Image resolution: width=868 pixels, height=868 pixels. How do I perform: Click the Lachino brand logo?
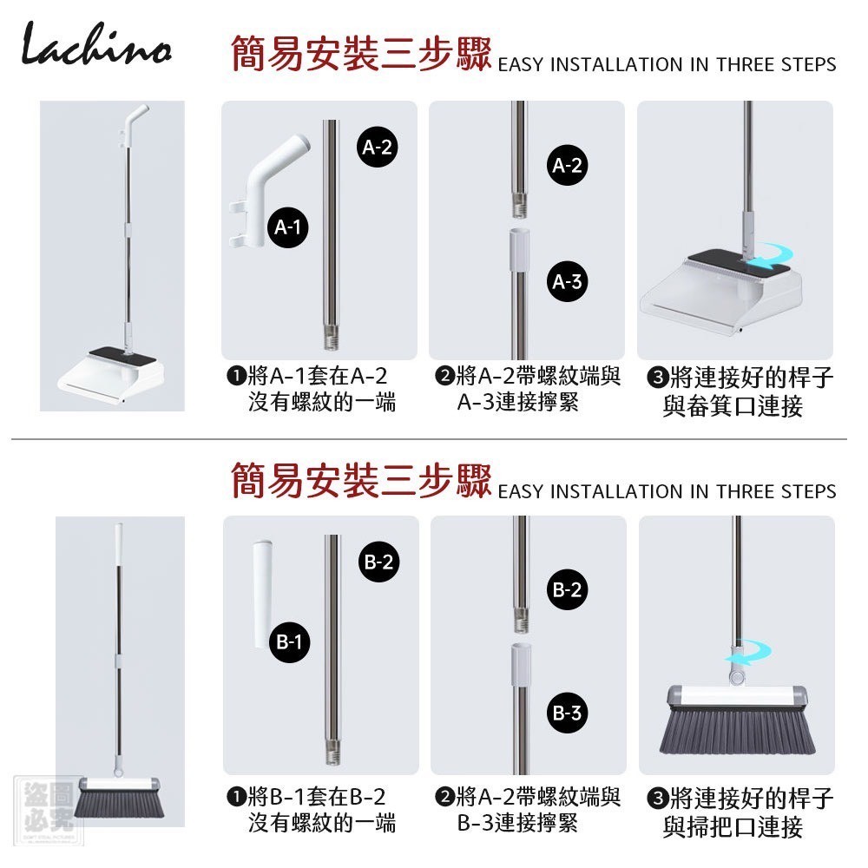coord(95,43)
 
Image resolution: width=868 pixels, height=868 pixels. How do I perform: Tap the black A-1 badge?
coord(288,227)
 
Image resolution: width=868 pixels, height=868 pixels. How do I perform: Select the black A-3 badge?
coord(568,282)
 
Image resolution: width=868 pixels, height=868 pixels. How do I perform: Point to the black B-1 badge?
coord(289,642)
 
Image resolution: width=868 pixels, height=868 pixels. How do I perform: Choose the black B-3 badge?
coord(568,713)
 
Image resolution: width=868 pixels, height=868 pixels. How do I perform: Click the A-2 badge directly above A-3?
coord(568,165)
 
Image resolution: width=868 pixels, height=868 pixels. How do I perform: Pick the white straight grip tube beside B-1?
coord(262,594)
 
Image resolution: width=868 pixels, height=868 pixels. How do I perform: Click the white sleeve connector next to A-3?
coord(519,250)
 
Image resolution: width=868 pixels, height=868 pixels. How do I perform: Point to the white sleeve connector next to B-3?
coord(520,664)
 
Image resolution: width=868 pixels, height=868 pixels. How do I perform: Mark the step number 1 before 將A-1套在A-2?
coord(236,376)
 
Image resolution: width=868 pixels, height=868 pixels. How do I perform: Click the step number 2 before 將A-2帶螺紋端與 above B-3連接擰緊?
coord(444,797)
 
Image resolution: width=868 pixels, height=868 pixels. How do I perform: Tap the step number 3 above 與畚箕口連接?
coord(658,378)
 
